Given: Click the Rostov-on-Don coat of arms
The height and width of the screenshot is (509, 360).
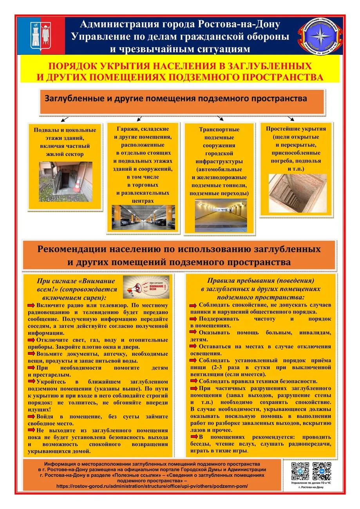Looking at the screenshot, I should [40, 35].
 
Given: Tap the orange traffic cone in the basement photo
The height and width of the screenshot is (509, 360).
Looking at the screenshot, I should [79, 182].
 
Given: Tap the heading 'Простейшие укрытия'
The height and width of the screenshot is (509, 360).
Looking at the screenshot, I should [295, 129].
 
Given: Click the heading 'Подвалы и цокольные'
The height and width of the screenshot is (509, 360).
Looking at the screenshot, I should [65, 130].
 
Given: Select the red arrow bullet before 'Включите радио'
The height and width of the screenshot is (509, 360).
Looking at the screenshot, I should [31, 305].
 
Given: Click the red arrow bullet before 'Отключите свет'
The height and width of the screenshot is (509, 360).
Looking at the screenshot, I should [31, 339].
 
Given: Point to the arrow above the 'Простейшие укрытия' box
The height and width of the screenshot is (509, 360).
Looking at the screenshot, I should [290, 118].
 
